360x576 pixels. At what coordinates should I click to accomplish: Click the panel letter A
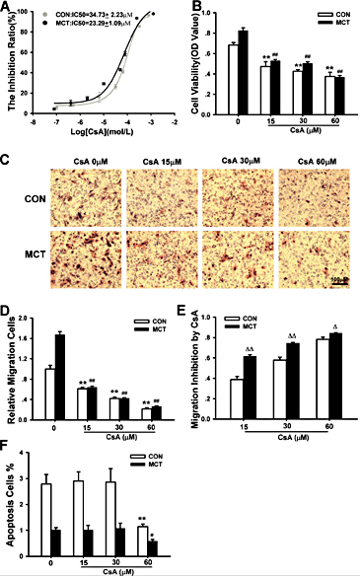pos(7,7)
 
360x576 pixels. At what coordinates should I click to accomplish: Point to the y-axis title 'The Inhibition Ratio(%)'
pos(10,59)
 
